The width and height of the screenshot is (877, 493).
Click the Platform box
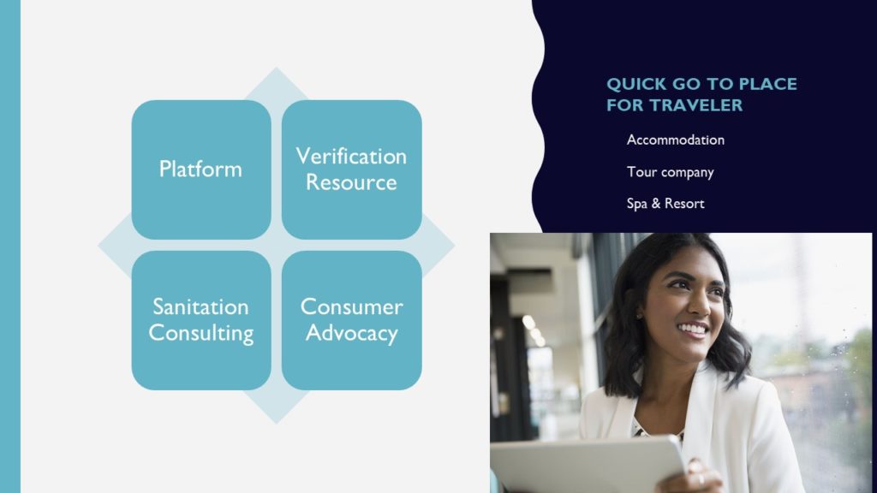pos(201,169)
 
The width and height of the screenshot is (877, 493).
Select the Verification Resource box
pos(352,169)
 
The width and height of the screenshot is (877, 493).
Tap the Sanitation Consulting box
pos(201,320)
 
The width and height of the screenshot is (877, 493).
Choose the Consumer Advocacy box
pos(352,320)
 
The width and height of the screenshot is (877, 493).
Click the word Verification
pos(351,157)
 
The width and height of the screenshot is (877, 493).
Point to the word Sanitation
pos(200,307)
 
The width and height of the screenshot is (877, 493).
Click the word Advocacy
pos(352,334)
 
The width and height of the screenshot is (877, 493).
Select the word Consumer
pos(352,307)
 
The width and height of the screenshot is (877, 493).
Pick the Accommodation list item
pos(675,140)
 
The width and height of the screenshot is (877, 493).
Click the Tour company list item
pos(670,172)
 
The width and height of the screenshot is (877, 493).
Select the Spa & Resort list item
pos(665,204)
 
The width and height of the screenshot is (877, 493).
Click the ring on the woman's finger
pos(701,479)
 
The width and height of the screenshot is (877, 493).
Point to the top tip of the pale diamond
pos(276,68)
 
